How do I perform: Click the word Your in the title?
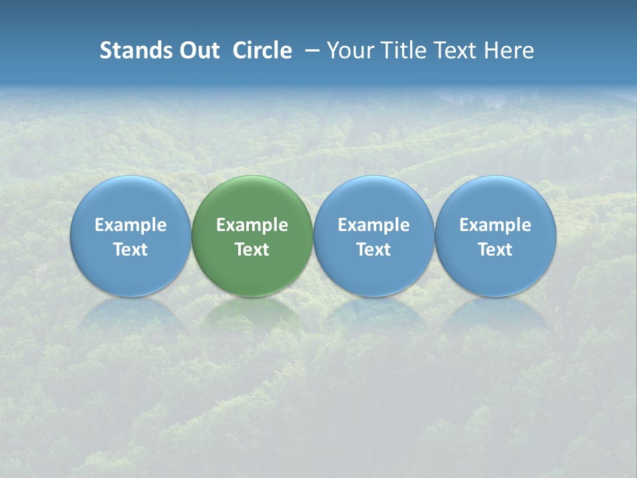[x=350, y=50]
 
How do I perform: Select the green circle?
[x=252, y=199]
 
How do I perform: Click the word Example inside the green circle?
[x=252, y=225]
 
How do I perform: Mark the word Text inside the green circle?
[x=252, y=250]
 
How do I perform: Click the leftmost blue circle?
[x=130, y=199]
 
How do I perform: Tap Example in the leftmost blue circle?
[x=130, y=225]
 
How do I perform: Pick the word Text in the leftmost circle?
[x=130, y=250]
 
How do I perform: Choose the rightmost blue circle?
[x=496, y=199]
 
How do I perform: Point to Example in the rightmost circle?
[x=496, y=225]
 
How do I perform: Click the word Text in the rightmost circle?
[x=496, y=250]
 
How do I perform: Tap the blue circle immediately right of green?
[x=374, y=199]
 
